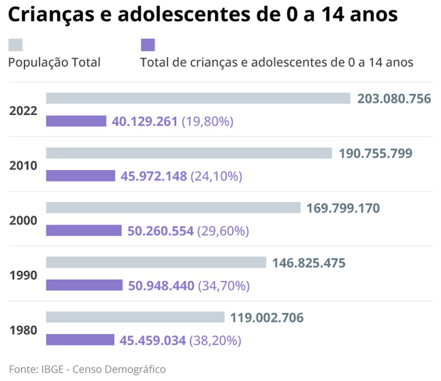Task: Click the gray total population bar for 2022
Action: [x=198, y=98]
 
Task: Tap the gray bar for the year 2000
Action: [x=173, y=208]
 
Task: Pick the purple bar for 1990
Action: [x=84, y=285]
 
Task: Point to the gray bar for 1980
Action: [x=135, y=317]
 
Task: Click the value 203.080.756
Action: [x=394, y=99]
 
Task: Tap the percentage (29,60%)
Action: [x=223, y=231]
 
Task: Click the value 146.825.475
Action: [x=309, y=263]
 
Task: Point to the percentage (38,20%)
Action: [x=215, y=340]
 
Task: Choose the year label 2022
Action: [x=23, y=111]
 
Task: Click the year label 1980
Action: [x=23, y=330]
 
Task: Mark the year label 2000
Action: [x=23, y=220]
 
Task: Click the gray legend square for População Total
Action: [x=15, y=45]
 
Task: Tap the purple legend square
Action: [x=148, y=45]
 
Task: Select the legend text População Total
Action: [x=55, y=62]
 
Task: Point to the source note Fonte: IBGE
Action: [x=38, y=369]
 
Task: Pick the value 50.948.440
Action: [x=161, y=286]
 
